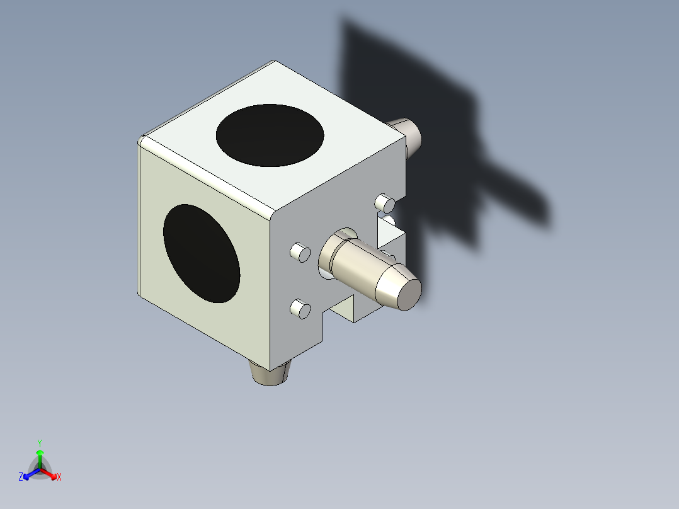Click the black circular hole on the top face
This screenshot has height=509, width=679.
pyautogui.click(x=270, y=135)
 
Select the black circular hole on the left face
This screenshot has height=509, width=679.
pyautogui.click(x=202, y=253)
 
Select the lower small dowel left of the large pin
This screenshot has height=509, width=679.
pyautogui.click(x=299, y=309)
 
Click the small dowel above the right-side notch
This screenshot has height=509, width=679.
pyautogui.click(x=385, y=203)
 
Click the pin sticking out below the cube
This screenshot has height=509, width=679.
pyautogui.click(x=270, y=374)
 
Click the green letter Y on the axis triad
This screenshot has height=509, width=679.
pyautogui.click(x=39, y=442)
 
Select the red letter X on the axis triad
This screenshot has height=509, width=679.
pyautogui.click(x=59, y=478)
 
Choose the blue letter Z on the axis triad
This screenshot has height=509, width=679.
pyautogui.click(x=21, y=478)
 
